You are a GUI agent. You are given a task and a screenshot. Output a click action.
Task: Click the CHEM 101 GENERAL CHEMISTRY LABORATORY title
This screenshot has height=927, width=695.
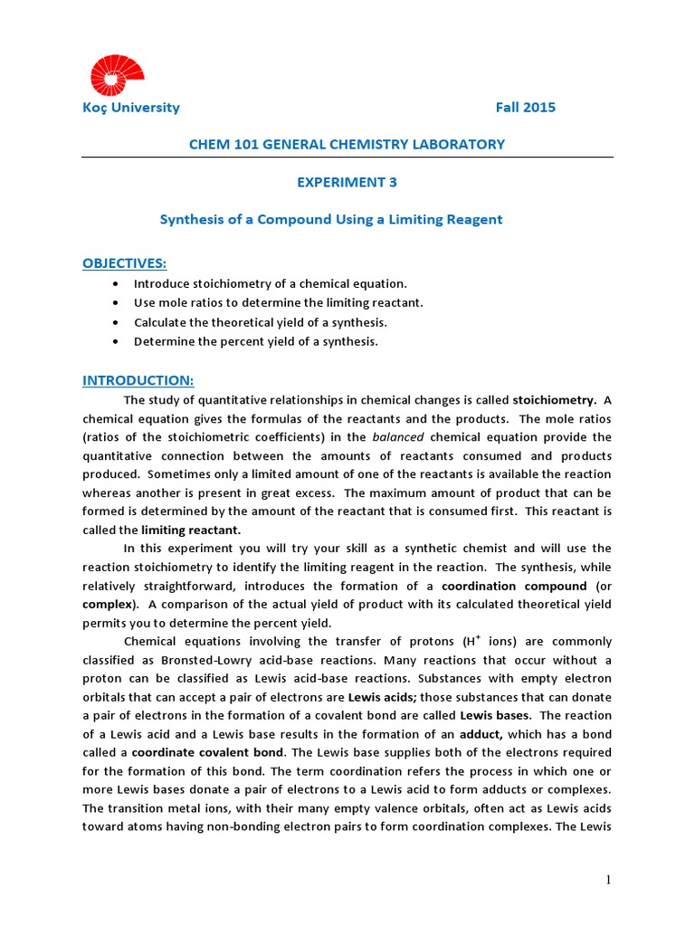347,145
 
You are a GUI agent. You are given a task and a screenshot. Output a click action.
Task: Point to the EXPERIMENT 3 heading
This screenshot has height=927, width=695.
347,182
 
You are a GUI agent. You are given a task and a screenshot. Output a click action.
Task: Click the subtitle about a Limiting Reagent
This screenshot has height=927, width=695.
331,219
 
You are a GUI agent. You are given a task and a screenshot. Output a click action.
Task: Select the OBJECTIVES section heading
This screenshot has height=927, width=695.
125,263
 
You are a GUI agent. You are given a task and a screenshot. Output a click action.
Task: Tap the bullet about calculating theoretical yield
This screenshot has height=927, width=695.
261,322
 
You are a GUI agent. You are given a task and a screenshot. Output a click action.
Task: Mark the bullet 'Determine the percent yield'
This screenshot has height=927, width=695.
256,341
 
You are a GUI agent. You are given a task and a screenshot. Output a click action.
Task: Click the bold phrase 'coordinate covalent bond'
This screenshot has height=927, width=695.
209,753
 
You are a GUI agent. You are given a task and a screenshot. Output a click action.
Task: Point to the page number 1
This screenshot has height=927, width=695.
609,879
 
